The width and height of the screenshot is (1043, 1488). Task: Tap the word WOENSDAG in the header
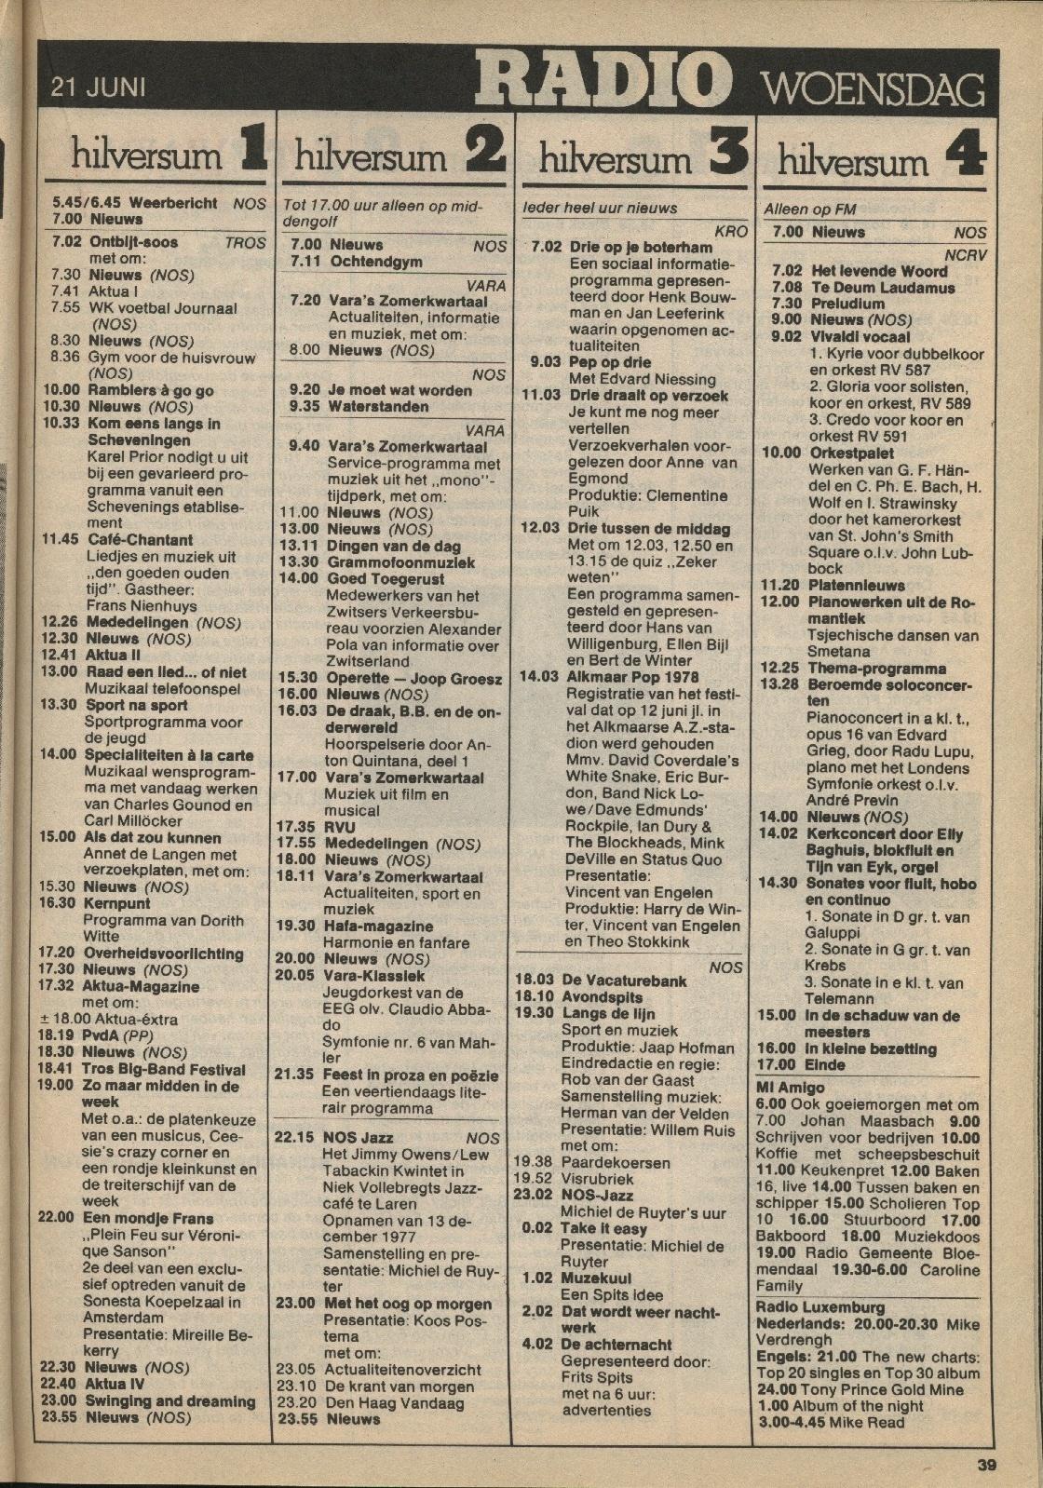point(874,90)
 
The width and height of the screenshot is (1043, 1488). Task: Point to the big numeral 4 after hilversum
point(965,156)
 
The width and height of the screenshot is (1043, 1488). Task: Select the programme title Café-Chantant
point(141,539)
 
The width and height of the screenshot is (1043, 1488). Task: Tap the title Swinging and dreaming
point(170,1400)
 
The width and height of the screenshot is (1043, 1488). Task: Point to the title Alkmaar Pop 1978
point(632,677)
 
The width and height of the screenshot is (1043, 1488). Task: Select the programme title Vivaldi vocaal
point(860,336)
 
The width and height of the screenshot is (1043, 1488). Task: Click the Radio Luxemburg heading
point(820,1306)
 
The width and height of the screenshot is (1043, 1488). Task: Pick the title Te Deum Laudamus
point(870,288)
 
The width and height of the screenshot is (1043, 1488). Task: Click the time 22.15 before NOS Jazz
point(296,1138)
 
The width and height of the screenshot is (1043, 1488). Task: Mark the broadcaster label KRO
point(730,229)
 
